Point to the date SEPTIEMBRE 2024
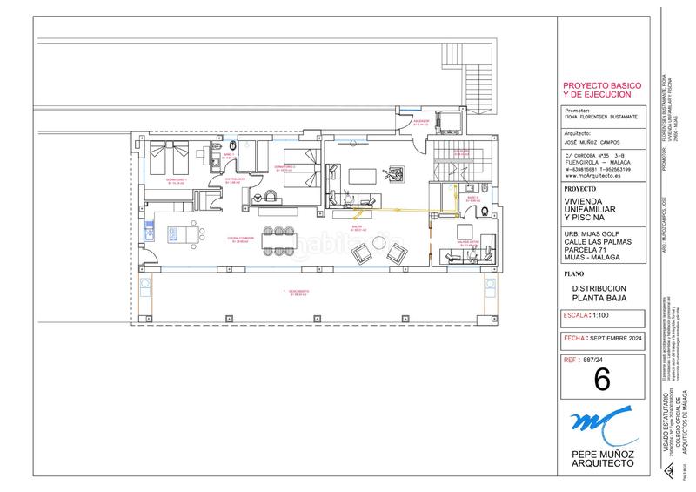point(617,336)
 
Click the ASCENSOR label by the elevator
point(421,123)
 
